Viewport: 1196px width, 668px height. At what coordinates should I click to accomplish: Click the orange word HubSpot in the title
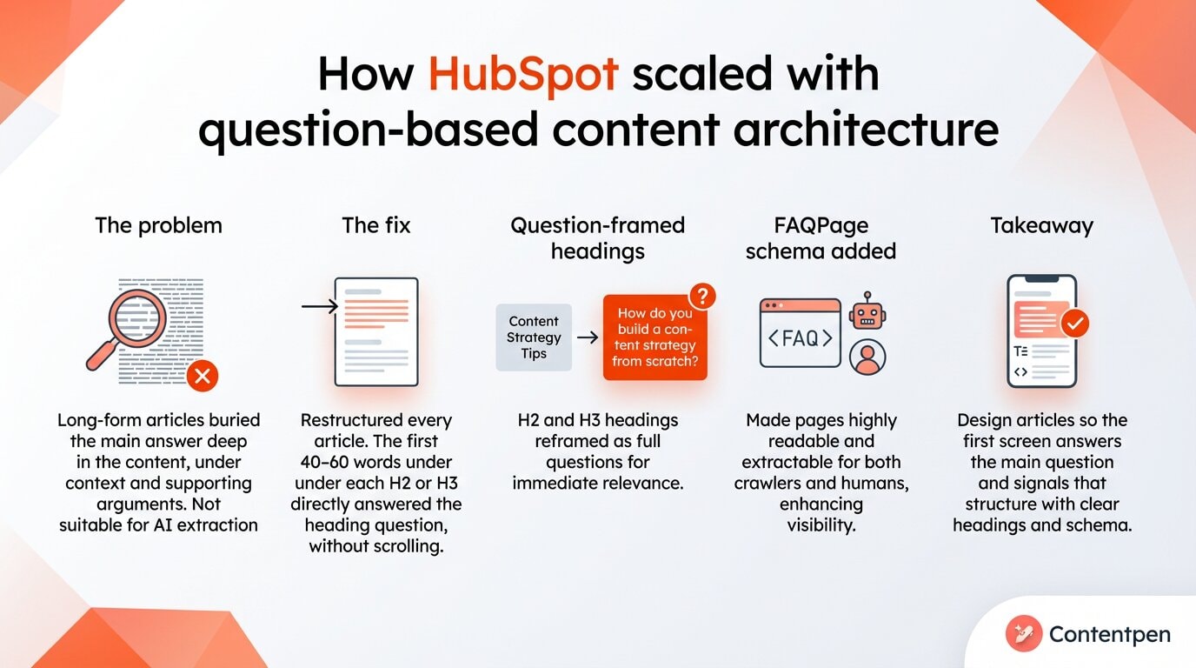point(522,74)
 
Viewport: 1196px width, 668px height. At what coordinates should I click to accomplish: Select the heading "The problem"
point(158,225)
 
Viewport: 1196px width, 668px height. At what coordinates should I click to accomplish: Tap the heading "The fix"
point(375,225)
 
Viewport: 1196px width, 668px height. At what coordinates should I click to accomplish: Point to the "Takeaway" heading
point(1041,225)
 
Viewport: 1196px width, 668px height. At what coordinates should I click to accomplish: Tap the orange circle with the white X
point(203,376)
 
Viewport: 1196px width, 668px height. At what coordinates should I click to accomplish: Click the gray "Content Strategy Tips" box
point(534,337)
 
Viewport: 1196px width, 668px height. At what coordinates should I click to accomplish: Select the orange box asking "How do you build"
point(654,337)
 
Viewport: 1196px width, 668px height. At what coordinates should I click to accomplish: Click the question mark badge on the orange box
point(701,296)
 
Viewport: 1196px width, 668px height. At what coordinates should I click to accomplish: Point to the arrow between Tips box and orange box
point(588,337)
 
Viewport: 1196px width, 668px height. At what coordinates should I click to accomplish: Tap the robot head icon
point(867,311)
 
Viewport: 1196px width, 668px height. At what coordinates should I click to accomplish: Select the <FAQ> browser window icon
point(801,333)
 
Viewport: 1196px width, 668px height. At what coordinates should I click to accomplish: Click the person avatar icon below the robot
point(867,357)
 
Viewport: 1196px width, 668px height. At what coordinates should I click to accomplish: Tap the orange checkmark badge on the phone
point(1074,324)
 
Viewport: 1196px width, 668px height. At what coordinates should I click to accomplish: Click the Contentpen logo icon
point(1023,634)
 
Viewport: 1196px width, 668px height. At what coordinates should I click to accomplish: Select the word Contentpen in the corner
point(1110,635)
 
